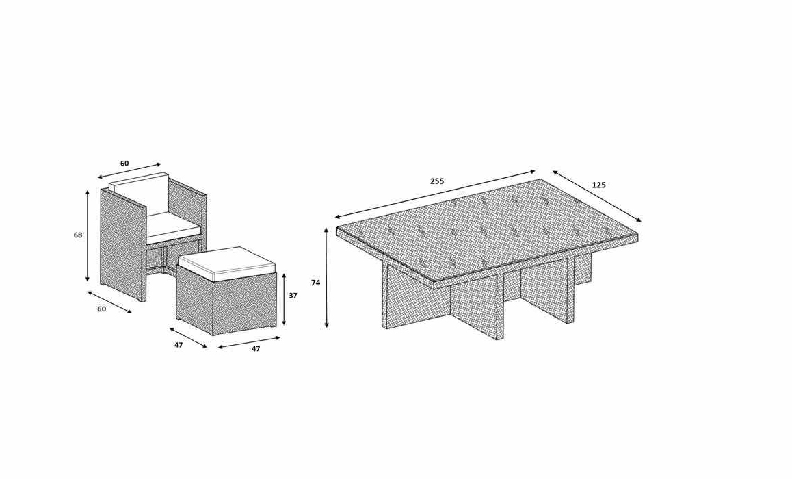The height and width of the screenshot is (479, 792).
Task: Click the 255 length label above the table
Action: pyautogui.click(x=437, y=181)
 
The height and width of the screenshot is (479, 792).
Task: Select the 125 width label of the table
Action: pyautogui.click(x=598, y=185)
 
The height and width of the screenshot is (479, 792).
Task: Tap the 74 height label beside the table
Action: pyautogui.click(x=316, y=283)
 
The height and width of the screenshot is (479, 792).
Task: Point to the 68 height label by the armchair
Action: pyautogui.click(x=78, y=235)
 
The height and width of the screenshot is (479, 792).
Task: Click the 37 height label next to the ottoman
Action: pyautogui.click(x=293, y=296)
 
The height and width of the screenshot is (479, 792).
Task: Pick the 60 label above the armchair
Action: pyautogui.click(x=124, y=164)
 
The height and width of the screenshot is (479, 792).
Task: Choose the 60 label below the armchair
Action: pyautogui.click(x=101, y=309)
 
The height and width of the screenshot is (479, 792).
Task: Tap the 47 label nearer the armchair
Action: pyautogui.click(x=179, y=345)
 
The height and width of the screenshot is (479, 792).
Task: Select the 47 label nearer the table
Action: pyautogui.click(x=256, y=348)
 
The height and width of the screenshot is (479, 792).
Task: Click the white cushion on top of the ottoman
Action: pyautogui.click(x=227, y=263)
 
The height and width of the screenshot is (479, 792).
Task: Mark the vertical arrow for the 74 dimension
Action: pyautogui.click(x=327, y=278)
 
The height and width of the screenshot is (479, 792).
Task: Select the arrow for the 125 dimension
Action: pyautogui.click(x=597, y=196)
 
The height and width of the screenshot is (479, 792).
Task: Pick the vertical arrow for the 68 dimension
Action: pyautogui.click(x=88, y=236)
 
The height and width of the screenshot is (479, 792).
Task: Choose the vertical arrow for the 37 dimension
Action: pyautogui.click(x=285, y=299)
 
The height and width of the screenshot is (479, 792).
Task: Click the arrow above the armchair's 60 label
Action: pyautogui.click(x=129, y=171)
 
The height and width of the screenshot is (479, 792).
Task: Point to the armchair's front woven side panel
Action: pyautogui.click(x=122, y=245)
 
